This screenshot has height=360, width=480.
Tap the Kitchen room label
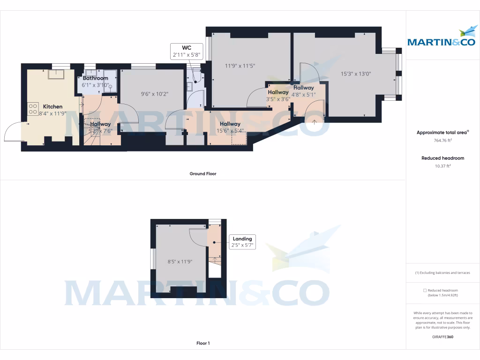point(52,106)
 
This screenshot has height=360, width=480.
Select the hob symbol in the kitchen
point(33,109)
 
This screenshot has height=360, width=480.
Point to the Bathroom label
point(95,78)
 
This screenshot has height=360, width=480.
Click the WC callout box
point(186,51)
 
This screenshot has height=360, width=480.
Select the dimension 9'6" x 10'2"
point(155,94)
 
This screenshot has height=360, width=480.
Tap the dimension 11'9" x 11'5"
point(240,66)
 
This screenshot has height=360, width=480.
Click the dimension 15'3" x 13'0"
point(356,74)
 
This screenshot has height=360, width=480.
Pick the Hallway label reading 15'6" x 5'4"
point(230,127)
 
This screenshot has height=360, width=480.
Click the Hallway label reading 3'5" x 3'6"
point(278,96)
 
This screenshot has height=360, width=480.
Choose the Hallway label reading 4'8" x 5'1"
point(304,91)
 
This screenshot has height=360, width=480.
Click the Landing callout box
point(242,242)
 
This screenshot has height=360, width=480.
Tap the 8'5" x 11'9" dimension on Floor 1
point(180,262)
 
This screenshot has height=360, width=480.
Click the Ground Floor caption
point(202,173)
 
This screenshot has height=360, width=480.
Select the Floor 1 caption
point(202,343)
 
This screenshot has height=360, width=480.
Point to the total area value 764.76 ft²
point(442,140)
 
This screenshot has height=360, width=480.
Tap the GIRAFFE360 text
point(442,337)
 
